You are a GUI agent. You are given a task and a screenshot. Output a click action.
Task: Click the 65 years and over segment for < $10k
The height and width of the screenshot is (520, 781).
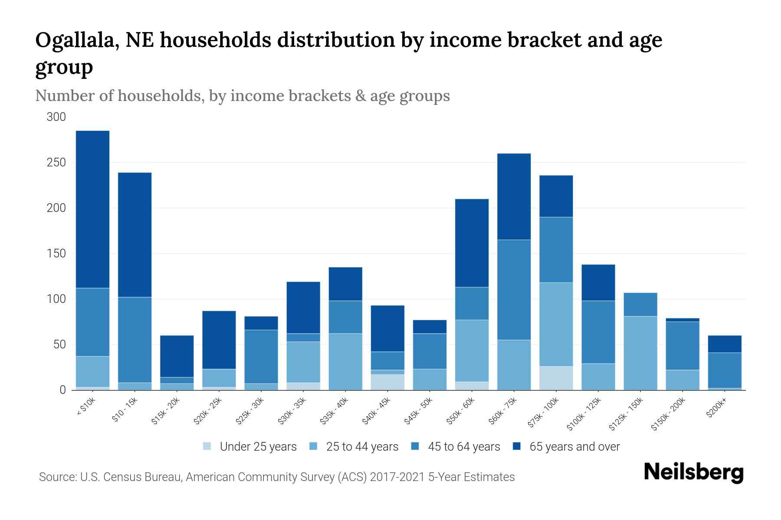pyautogui.click(x=92, y=209)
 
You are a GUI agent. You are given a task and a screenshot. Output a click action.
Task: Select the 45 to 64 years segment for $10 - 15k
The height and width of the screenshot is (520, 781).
pyautogui.click(x=135, y=340)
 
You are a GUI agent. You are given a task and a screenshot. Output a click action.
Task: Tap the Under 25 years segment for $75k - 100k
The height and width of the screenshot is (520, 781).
pyautogui.click(x=556, y=378)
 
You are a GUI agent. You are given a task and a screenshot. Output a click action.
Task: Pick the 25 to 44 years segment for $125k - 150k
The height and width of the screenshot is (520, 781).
pyautogui.click(x=640, y=353)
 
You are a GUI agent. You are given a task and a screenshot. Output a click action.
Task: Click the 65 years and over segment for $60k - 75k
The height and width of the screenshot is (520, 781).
pyautogui.click(x=514, y=197)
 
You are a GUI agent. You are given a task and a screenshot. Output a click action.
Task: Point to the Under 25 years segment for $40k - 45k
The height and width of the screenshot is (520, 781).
pyautogui.click(x=387, y=382)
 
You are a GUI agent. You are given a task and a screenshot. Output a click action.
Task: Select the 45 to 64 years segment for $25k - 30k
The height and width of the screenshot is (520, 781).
pyautogui.click(x=261, y=357)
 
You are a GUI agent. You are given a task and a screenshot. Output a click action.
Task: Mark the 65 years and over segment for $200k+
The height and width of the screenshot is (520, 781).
pyautogui.click(x=724, y=344)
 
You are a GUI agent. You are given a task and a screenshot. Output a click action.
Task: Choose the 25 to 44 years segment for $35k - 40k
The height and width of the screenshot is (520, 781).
pyautogui.click(x=345, y=361)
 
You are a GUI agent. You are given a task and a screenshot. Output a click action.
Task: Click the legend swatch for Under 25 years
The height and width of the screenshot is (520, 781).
pyautogui.click(x=207, y=446)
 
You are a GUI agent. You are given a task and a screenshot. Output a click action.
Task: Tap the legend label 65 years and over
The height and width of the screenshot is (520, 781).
pyautogui.click(x=574, y=447)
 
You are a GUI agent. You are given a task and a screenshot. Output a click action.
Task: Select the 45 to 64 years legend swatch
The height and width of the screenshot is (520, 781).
pyautogui.click(x=415, y=446)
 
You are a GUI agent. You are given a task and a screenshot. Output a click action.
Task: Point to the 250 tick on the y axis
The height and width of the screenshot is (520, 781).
pyautogui.click(x=56, y=162)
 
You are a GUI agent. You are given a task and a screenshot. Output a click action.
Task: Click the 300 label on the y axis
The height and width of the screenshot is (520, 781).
pyautogui.click(x=56, y=117)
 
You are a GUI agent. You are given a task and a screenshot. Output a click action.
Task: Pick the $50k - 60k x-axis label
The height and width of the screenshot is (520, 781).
pyautogui.click(x=461, y=410)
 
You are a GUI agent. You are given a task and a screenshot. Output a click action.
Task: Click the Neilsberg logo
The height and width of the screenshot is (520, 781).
pyautogui.click(x=693, y=473)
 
